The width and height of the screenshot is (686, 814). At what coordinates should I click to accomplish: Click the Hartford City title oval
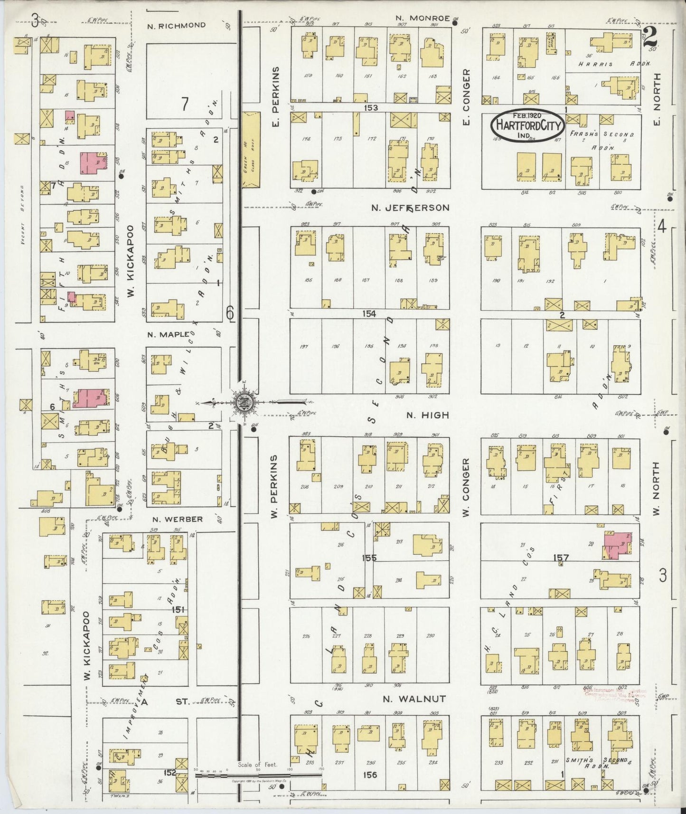tap(527, 125)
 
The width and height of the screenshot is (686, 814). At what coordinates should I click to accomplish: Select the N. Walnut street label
tap(414, 699)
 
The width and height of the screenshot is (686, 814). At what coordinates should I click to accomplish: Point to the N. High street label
tap(427, 415)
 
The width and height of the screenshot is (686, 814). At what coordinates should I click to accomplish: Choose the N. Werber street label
tap(178, 519)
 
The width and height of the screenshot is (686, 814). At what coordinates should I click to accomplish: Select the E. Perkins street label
tap(275, 97)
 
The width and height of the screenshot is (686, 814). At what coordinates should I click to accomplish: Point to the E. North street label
tap(657, 99)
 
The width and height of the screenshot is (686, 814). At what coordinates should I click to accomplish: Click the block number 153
tap(370, 108)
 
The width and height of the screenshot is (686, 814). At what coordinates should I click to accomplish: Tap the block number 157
tap(561, 558)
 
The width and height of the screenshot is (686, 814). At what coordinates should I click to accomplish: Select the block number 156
tap(370, 775)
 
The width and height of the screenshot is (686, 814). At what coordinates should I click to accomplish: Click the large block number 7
tap(185, 104)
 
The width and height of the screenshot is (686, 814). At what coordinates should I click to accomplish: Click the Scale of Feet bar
tap(259, 775)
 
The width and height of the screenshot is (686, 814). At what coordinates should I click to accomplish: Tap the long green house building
tap(252, 149)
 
